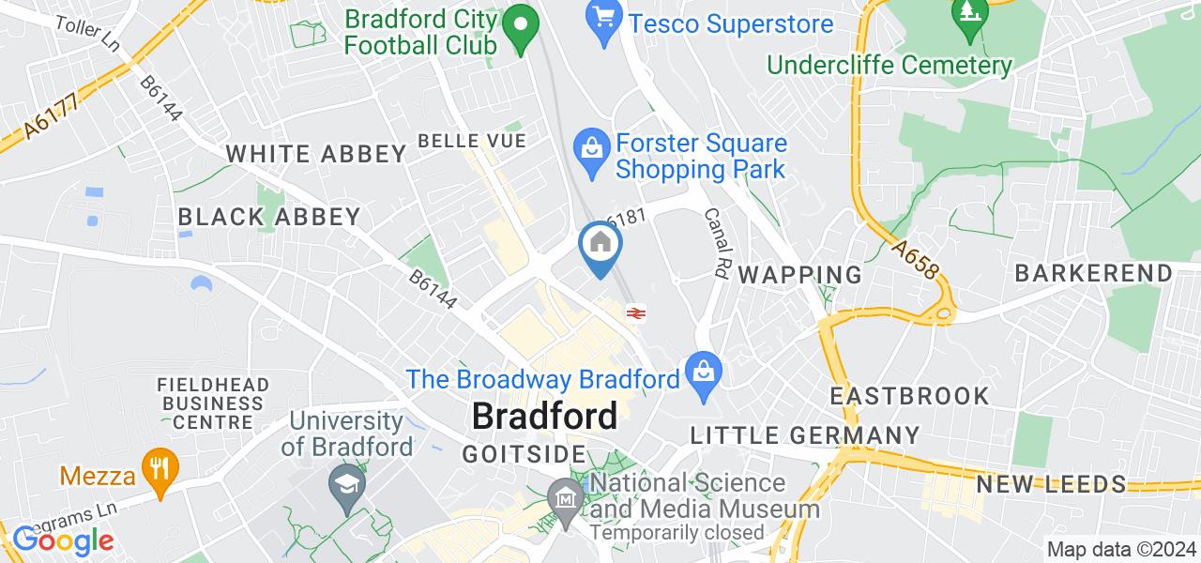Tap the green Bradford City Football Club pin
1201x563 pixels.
click(x=519, y=29)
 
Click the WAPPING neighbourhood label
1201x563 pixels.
click(x=799, y=275)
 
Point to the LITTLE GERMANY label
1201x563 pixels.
click(x=805, y=435)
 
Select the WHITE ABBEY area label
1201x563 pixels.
click(x=316, y=155)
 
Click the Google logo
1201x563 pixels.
click(x=62, y=540)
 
